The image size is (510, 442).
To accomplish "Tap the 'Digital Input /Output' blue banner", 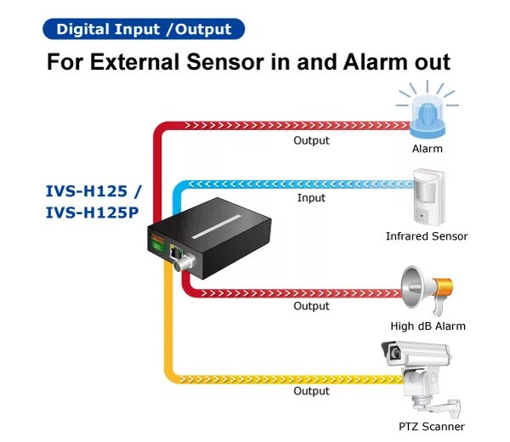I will [x=144, y=29].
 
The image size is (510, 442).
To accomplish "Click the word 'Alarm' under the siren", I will [x=427, y=149].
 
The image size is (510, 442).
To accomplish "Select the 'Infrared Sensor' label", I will [x=427, y=236].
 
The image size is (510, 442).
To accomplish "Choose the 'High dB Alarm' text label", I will [x=428, y=326].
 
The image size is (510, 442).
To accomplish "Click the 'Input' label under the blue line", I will [x=311, y=198].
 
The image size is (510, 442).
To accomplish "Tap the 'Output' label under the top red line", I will [x=311, y=140].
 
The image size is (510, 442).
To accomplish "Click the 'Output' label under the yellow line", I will [x=311, y=391].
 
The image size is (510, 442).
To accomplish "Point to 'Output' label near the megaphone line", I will [x=311, y=306].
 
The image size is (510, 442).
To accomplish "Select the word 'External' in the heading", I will [x=150, y=62].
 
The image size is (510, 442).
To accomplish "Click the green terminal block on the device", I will [x=157, y=248].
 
